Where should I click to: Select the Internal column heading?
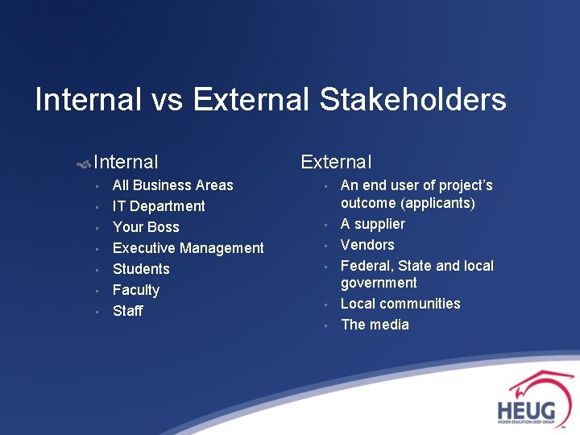pos(126,163)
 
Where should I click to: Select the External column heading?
pos(336,162)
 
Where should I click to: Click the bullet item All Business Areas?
pos(172,185)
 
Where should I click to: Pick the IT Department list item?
pos(159,206)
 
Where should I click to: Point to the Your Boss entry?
pos(146,227)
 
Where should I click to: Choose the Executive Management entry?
pos(188,248)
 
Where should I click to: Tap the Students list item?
pos(141,269)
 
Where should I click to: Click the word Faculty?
pos(136,290)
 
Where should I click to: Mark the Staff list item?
pos(127,311)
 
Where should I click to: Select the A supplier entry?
pos(372,224)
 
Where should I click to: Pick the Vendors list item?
pos(367,245)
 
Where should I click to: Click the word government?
pos(379,283)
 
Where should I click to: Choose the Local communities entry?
pos(400,304)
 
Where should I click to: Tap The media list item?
pos(375,325)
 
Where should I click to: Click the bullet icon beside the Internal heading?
pos(83,164)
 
